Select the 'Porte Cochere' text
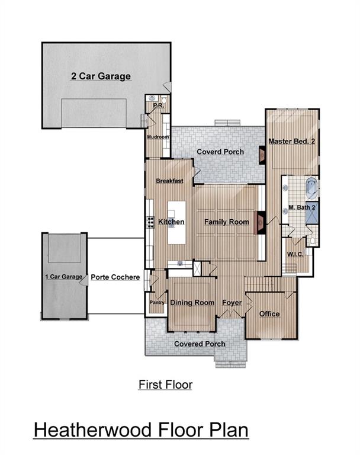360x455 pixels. [x=115, y=277]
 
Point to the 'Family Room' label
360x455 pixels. [x=226, y=222]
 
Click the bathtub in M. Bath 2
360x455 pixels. [x=311, y=188]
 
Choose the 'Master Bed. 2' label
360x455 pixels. [x=291, y=142]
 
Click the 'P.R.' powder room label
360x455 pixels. [x=158, y=106]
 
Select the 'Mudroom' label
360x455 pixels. [x=158, y=137]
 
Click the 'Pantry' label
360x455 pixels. [x=157, y=303]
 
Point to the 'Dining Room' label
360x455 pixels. [x=192, y=303]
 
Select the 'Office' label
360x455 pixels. [x=269, y=313]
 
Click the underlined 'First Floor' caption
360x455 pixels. [x=165, y=384]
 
